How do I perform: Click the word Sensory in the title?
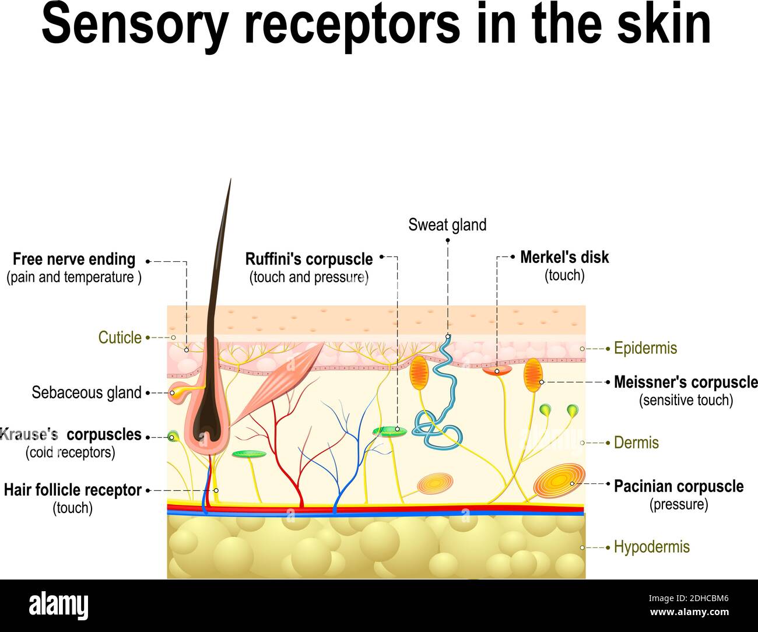point(134,24)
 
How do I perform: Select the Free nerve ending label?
point(74,259)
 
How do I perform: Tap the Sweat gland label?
point(447,225)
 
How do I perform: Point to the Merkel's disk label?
point(564,257)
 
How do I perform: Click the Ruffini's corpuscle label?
point(309,259)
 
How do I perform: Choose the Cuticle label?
point(120,338)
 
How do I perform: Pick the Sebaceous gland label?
point(86,393)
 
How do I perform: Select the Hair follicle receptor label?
point(73,490)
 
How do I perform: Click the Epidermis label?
point(645,348)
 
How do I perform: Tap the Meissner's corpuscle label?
point(685,382)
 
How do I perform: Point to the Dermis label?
point(636,443)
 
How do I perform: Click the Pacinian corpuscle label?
point(678,486)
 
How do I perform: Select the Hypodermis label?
point(651,547)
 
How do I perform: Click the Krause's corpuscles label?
point(71,435)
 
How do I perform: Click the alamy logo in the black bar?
point(58,606)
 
